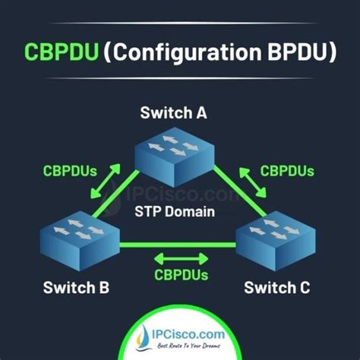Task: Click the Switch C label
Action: pos(276,288)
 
